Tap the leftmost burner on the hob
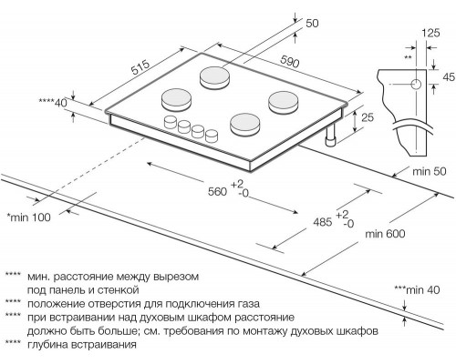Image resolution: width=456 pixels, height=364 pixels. click(x=175, y=96)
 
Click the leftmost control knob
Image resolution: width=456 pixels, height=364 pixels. click(x=170, y=122)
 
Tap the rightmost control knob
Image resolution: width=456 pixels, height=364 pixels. click(x=212, y=136)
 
